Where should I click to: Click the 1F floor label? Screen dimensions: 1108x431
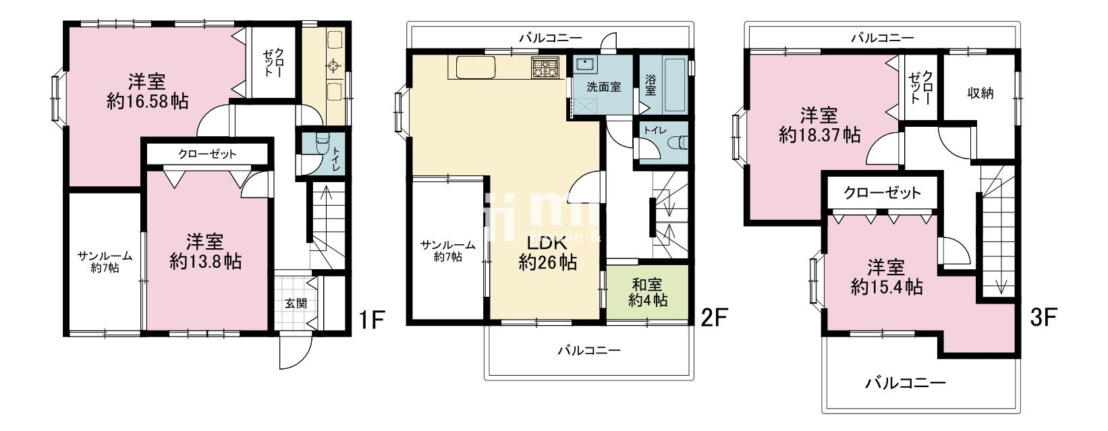[372, 320]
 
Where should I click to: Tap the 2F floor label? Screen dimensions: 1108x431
[715, 318]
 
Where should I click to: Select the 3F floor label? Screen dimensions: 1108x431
[1043, 318]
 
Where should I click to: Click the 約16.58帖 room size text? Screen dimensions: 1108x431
[147, 102]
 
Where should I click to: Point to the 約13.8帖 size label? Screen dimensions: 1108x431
[205, 262]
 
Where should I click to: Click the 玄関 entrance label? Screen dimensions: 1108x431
[296, 304]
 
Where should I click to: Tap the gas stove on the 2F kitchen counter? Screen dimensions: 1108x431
[545, 68]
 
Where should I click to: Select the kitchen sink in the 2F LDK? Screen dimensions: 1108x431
[475, 67]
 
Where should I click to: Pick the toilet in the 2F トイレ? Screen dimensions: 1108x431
[677, 142]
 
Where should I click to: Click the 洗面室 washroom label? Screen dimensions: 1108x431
[604, 88]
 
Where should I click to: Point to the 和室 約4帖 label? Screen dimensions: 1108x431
[648, 292]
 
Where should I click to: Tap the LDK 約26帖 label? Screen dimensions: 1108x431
[547, 253]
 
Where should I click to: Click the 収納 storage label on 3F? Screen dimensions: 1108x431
[980, 93]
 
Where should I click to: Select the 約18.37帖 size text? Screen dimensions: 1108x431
[819, 135]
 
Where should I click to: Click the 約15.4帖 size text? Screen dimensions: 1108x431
[887, 287]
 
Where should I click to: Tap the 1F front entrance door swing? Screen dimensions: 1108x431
[292, 351]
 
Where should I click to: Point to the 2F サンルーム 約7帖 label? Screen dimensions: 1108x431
[447, 251]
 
